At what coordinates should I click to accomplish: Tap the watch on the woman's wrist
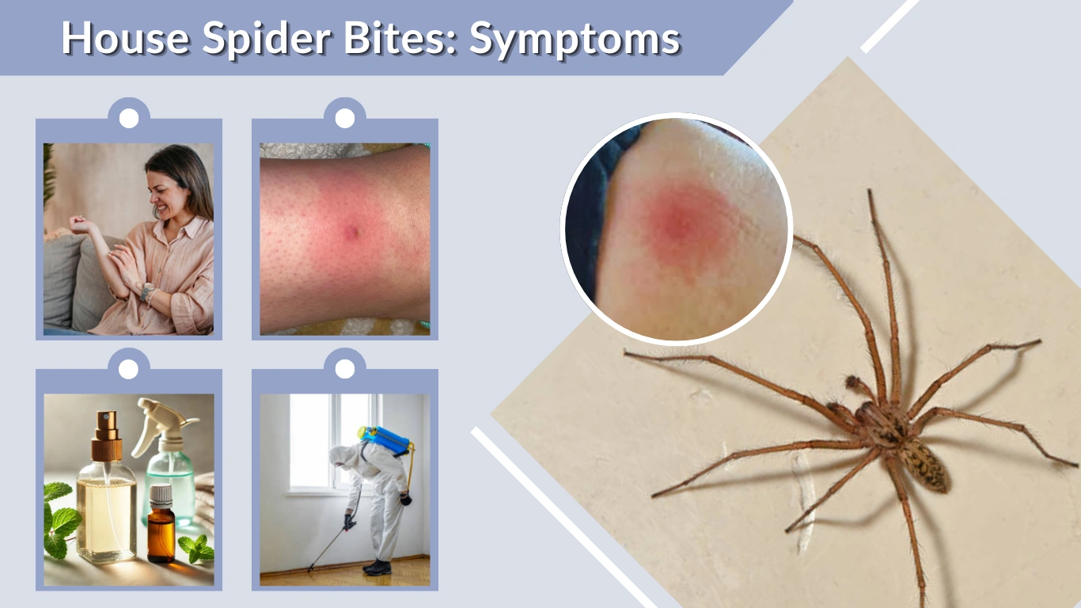tap(147, 291)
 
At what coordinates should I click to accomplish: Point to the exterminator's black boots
tap(377, 567)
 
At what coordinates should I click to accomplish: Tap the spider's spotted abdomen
tap(924, 465)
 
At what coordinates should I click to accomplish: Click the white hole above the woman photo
tap(129, 118)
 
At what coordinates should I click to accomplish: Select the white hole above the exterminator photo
tap(345, 368)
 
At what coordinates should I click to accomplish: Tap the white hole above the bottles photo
tap(129, 368)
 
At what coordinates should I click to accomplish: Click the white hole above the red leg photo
tap(345, 118)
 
